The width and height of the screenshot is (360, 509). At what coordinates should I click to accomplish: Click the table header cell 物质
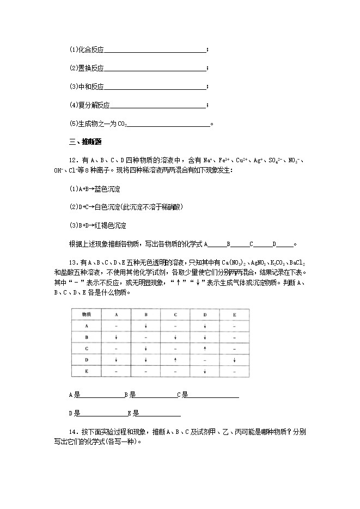pyautogui.click(x=86, y=315)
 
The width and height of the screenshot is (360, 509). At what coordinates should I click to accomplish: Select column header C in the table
pyautogui.click(x=175, y=315)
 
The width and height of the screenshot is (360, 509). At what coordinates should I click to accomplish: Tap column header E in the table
pyautogui.click(x=234, y=315)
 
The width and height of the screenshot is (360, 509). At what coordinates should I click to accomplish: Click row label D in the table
pyautogui.click(x=86, y=360)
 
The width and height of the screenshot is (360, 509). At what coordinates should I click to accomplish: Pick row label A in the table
pyautogui.click(x=86, y=326)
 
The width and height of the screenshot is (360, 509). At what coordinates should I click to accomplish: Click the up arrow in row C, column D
pyautogui.click(x=205, y=348)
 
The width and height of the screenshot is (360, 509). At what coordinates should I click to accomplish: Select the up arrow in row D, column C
pyautogui.click(x=175, y=360)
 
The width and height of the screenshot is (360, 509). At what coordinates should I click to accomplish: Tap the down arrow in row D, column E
pyautogui.click(x=234, y=360)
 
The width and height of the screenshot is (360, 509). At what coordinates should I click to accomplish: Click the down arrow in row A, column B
pyautogui.click(x=146, y=326)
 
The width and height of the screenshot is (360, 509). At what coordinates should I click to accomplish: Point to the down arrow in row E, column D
pyautogui.click(x=205, y=371)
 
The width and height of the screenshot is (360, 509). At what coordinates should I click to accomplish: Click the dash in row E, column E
pyautogui.click(x=234, y=371)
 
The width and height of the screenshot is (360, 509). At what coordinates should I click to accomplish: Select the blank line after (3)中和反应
pyautogui.click(x=155, y=87)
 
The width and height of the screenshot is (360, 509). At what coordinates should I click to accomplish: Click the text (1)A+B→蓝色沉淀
pyautogui.click(x=94, y=189)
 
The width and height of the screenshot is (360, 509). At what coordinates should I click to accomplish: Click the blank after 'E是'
pyautogui.click(x=161, y=413)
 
